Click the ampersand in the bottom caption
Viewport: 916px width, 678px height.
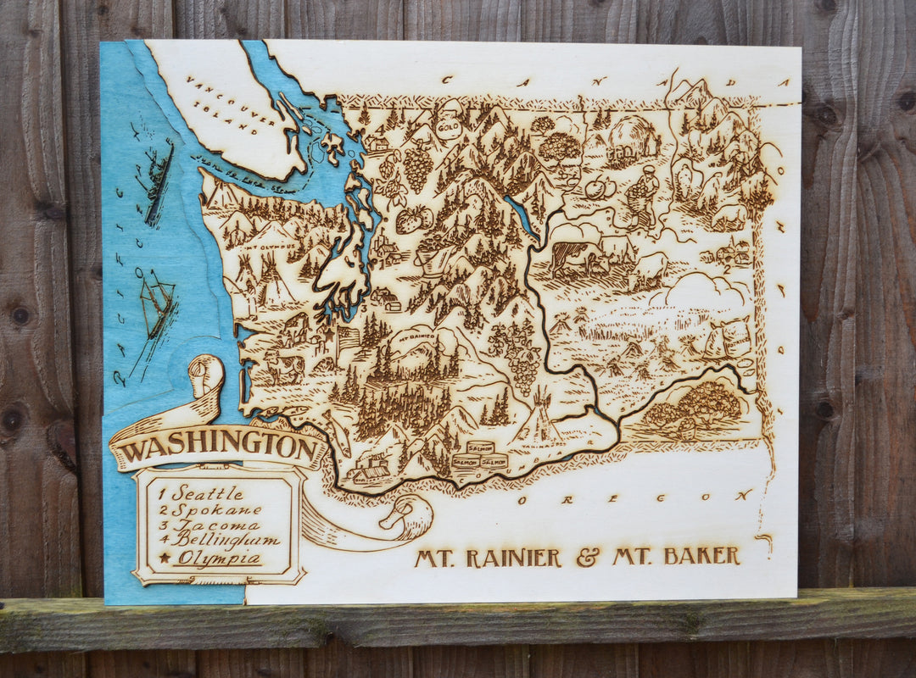click(x=587, y=557)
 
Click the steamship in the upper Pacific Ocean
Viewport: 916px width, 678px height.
click(x=159, y=182)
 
